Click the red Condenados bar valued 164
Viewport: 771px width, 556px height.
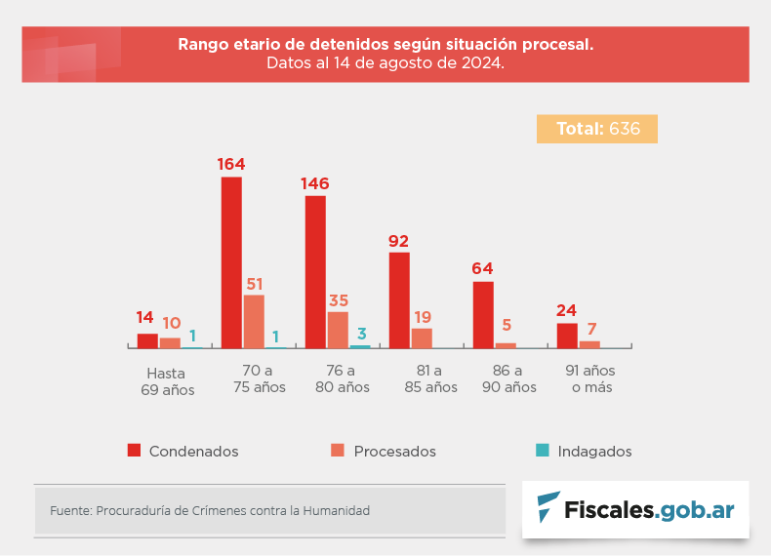point(231,262)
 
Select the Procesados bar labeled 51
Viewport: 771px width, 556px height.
point(254,321)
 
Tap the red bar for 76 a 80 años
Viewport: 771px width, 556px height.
point(315,271)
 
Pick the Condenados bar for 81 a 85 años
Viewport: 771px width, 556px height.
point(399,299)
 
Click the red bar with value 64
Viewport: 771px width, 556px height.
point(483,314)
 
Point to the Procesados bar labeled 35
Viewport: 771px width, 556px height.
point(338,330)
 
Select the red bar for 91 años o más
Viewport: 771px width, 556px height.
point(567,335)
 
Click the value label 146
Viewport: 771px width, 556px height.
point(315,183)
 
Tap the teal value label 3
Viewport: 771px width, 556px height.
point(361,333)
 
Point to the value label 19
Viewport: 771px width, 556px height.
point(422,316)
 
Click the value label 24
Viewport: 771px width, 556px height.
point(567,311)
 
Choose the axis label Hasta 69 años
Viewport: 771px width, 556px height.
point(166,381)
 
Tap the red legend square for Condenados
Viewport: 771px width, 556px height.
point(135,451)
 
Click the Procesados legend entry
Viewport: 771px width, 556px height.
point(384,452)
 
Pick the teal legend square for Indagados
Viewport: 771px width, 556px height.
point(542,451)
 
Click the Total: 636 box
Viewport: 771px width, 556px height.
point(597,129)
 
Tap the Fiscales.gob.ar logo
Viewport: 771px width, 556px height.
point(635,509)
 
